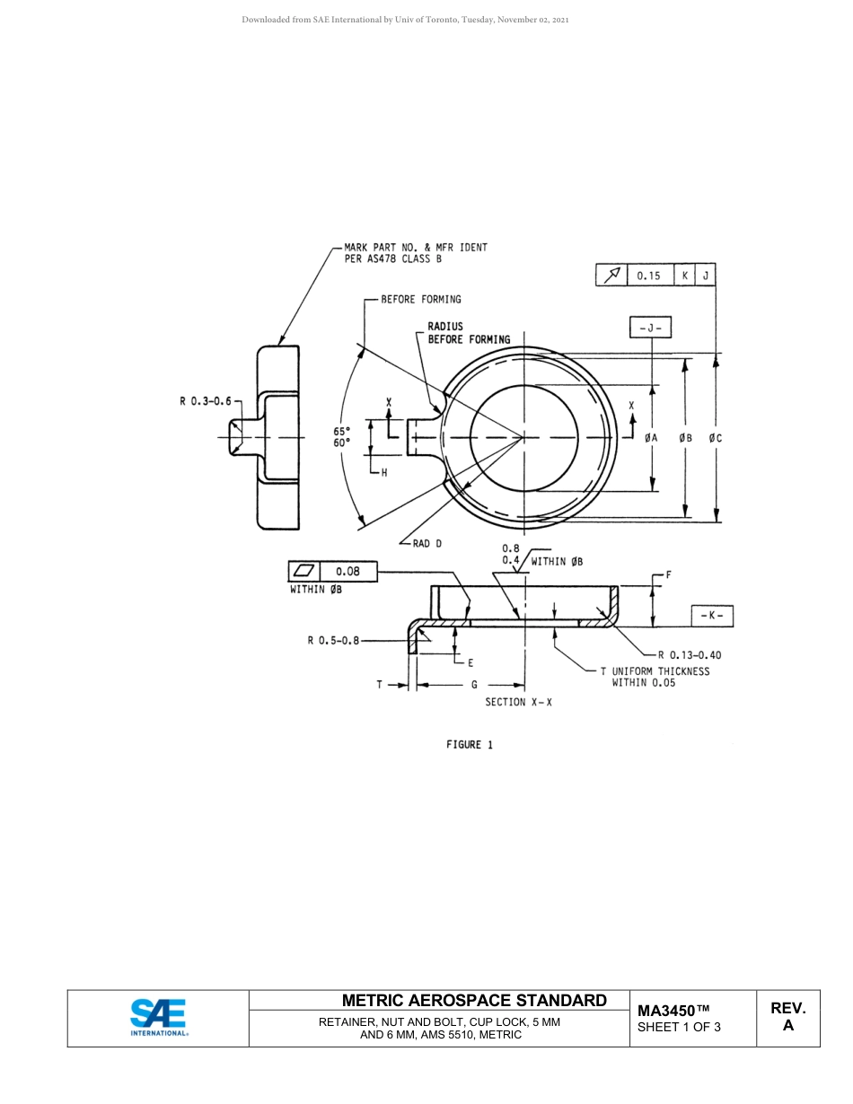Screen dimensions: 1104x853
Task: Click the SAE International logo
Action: pos(158,1018)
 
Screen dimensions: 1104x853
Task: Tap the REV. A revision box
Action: pos(787,1017)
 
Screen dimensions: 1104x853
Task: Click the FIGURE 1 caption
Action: pos(469,744)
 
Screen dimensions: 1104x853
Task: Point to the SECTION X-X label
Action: pos(518,702)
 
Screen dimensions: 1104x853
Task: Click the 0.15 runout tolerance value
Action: pos(648,276)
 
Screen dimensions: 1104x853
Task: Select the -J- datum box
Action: pos(650,329)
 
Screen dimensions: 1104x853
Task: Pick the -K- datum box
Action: pos(712,617)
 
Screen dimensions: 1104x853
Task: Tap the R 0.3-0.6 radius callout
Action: pos(206,401)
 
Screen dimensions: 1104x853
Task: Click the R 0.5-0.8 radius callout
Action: pos(332,641)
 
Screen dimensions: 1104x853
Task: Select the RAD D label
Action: pos(426,544)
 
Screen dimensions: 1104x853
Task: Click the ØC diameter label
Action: pos(715,438)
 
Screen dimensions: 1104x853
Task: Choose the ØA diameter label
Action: pos(651,438)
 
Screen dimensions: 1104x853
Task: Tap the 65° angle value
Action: pos(342,431)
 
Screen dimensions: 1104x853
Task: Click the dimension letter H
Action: pos(384,473)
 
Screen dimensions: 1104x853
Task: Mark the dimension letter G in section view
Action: pos(474,685)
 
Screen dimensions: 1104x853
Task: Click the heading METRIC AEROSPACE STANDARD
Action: pos(474,1001)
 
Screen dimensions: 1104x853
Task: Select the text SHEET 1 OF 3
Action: pos(679,1027)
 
